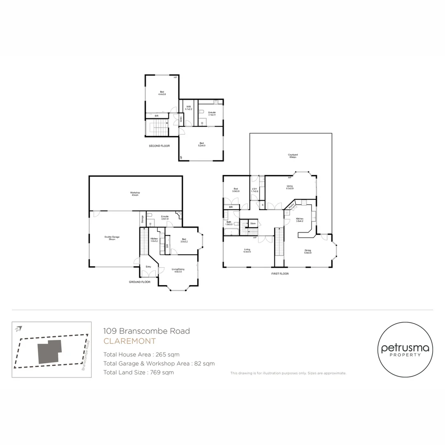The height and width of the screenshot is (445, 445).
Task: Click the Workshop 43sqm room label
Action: pos(135,194)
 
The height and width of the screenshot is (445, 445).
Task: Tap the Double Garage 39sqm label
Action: pos(110,238)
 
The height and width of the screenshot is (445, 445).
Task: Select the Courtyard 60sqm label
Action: pos(293,156)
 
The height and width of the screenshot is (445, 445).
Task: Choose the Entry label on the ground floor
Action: pos(148,267)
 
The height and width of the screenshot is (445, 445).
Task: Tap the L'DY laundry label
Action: pos(255,190)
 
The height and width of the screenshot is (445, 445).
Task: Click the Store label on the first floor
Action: pos(253,223)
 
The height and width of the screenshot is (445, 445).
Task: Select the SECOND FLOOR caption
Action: pos(159,146)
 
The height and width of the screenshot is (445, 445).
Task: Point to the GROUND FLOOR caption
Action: pos(140,282)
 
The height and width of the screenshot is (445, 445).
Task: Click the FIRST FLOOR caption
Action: pos(280,274)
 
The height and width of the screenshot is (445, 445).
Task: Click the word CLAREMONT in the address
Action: pos(129,341)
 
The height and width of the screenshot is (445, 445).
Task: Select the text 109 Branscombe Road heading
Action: pos(147,331)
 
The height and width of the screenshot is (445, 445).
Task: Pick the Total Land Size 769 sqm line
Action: pos(138,372)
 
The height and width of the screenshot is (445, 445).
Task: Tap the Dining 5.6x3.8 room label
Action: pos(308,251)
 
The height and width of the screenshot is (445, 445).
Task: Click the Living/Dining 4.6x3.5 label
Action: pos(178,270)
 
